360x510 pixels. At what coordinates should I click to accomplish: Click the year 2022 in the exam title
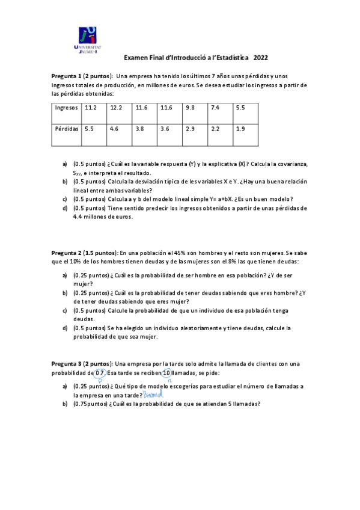[x=261, y=58]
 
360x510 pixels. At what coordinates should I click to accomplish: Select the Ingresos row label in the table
[x=66, y=108]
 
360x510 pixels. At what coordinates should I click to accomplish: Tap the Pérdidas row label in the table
[x=67, y=129]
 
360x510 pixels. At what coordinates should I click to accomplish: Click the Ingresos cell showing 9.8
[x=191, y=108]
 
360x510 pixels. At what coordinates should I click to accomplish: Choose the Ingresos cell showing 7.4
[x=216, y=108]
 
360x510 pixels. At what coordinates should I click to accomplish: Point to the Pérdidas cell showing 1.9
[x=240, y=129]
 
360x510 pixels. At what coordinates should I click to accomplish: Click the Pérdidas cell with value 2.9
[x=191, y=129]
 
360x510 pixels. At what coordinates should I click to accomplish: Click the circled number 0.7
[x=100, y=373]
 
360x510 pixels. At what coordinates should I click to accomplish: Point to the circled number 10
[x=166, y=373]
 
